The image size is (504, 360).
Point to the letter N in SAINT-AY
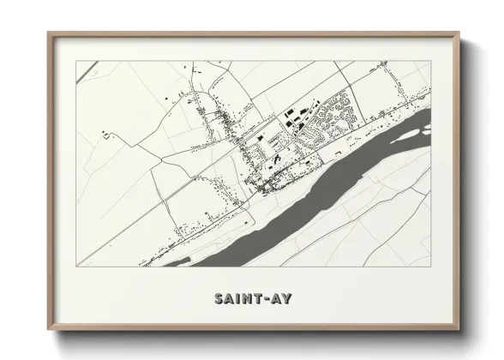(x=244, y=299)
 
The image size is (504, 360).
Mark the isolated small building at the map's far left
(x=105, y=134)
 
